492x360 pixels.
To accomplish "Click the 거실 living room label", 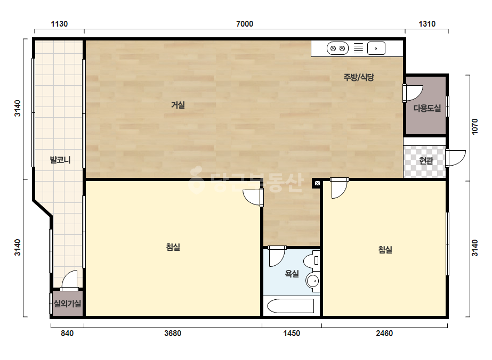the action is pos(178,105).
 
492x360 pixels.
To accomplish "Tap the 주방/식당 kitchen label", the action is pos(359,77).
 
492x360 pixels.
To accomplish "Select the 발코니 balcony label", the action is pos(60,160).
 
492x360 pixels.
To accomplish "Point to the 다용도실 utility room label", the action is pos(427,109).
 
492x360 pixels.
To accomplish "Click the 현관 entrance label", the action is pos(426,160).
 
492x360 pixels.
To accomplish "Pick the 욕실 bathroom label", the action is pos(292,274).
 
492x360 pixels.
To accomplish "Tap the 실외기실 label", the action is pos(68,303).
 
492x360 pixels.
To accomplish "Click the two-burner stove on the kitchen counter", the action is pos(337,48).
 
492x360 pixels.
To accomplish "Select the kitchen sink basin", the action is pos(376,48).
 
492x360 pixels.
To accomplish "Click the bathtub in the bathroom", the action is pos(291,306).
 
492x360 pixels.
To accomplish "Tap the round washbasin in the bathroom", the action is pos(312,281).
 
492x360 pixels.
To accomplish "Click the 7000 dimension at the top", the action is pos(245,24).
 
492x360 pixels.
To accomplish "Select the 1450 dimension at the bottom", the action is pos(292,333).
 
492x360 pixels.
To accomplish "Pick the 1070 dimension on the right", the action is pos(475,127).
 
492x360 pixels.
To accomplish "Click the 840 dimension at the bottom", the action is pos(67,333).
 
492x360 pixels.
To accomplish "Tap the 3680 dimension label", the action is pos(173,333).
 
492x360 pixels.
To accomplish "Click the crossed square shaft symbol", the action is pos(317,183).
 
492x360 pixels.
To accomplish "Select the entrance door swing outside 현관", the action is pos(456,158).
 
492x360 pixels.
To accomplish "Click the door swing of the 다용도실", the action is pos(413,93).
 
